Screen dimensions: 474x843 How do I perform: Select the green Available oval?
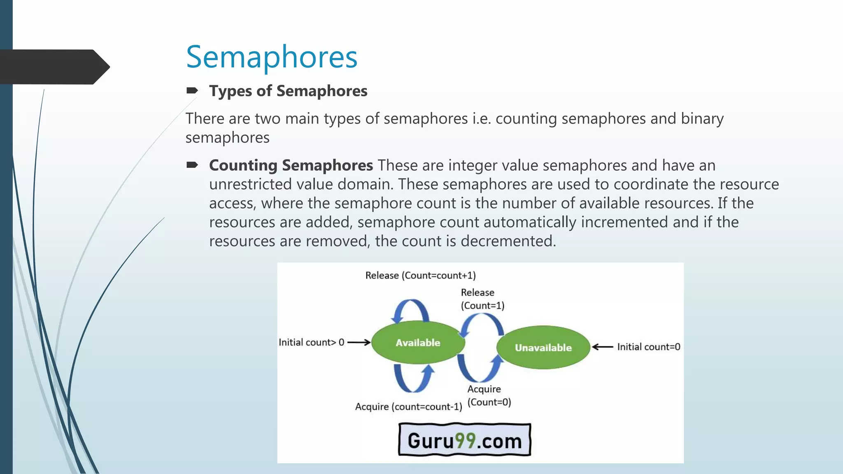pos(418,342)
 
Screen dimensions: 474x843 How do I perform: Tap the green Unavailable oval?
pos(543,348)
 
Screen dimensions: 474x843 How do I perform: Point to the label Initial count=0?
pos(648,347)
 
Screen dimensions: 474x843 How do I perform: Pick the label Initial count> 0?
pos(311,342)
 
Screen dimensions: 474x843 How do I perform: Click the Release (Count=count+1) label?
pos(420,275)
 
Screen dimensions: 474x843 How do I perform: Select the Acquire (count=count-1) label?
pos(408,407)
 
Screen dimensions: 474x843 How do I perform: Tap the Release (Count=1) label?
pos(482,299)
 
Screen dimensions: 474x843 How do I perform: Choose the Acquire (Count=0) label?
pos(489,395)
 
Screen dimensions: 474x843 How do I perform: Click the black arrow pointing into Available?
pos(359,342)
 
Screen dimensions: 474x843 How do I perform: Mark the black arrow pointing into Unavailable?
pos(603,347)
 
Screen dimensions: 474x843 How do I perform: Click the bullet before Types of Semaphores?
pos(192,91)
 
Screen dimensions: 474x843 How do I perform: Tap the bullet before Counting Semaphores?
pos(192,165)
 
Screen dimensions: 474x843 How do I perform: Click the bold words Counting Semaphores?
pos(291,165)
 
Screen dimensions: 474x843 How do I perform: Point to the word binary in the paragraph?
pos(702,118)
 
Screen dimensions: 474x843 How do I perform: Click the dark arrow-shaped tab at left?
pos(54,67)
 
